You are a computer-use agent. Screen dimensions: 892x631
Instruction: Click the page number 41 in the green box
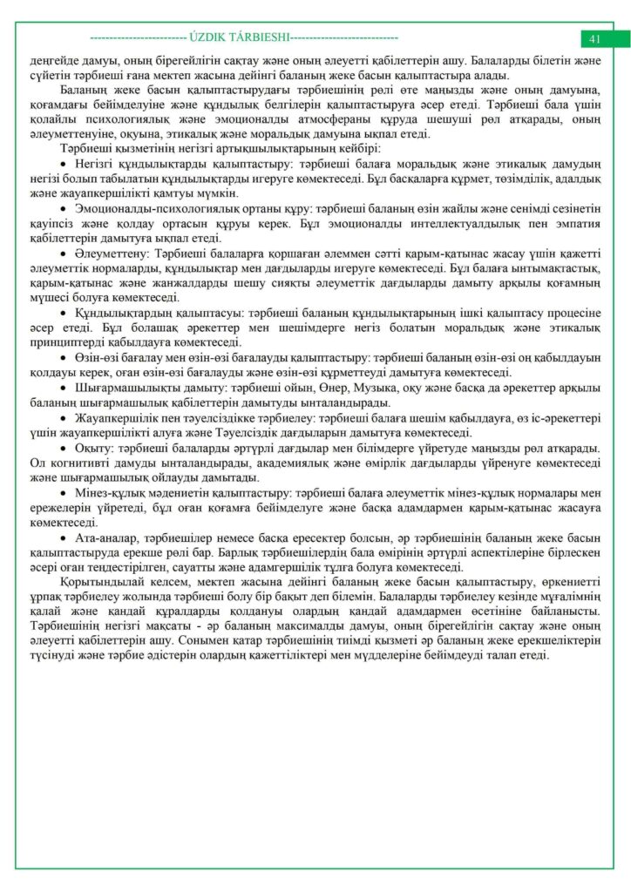coord(595,39)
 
